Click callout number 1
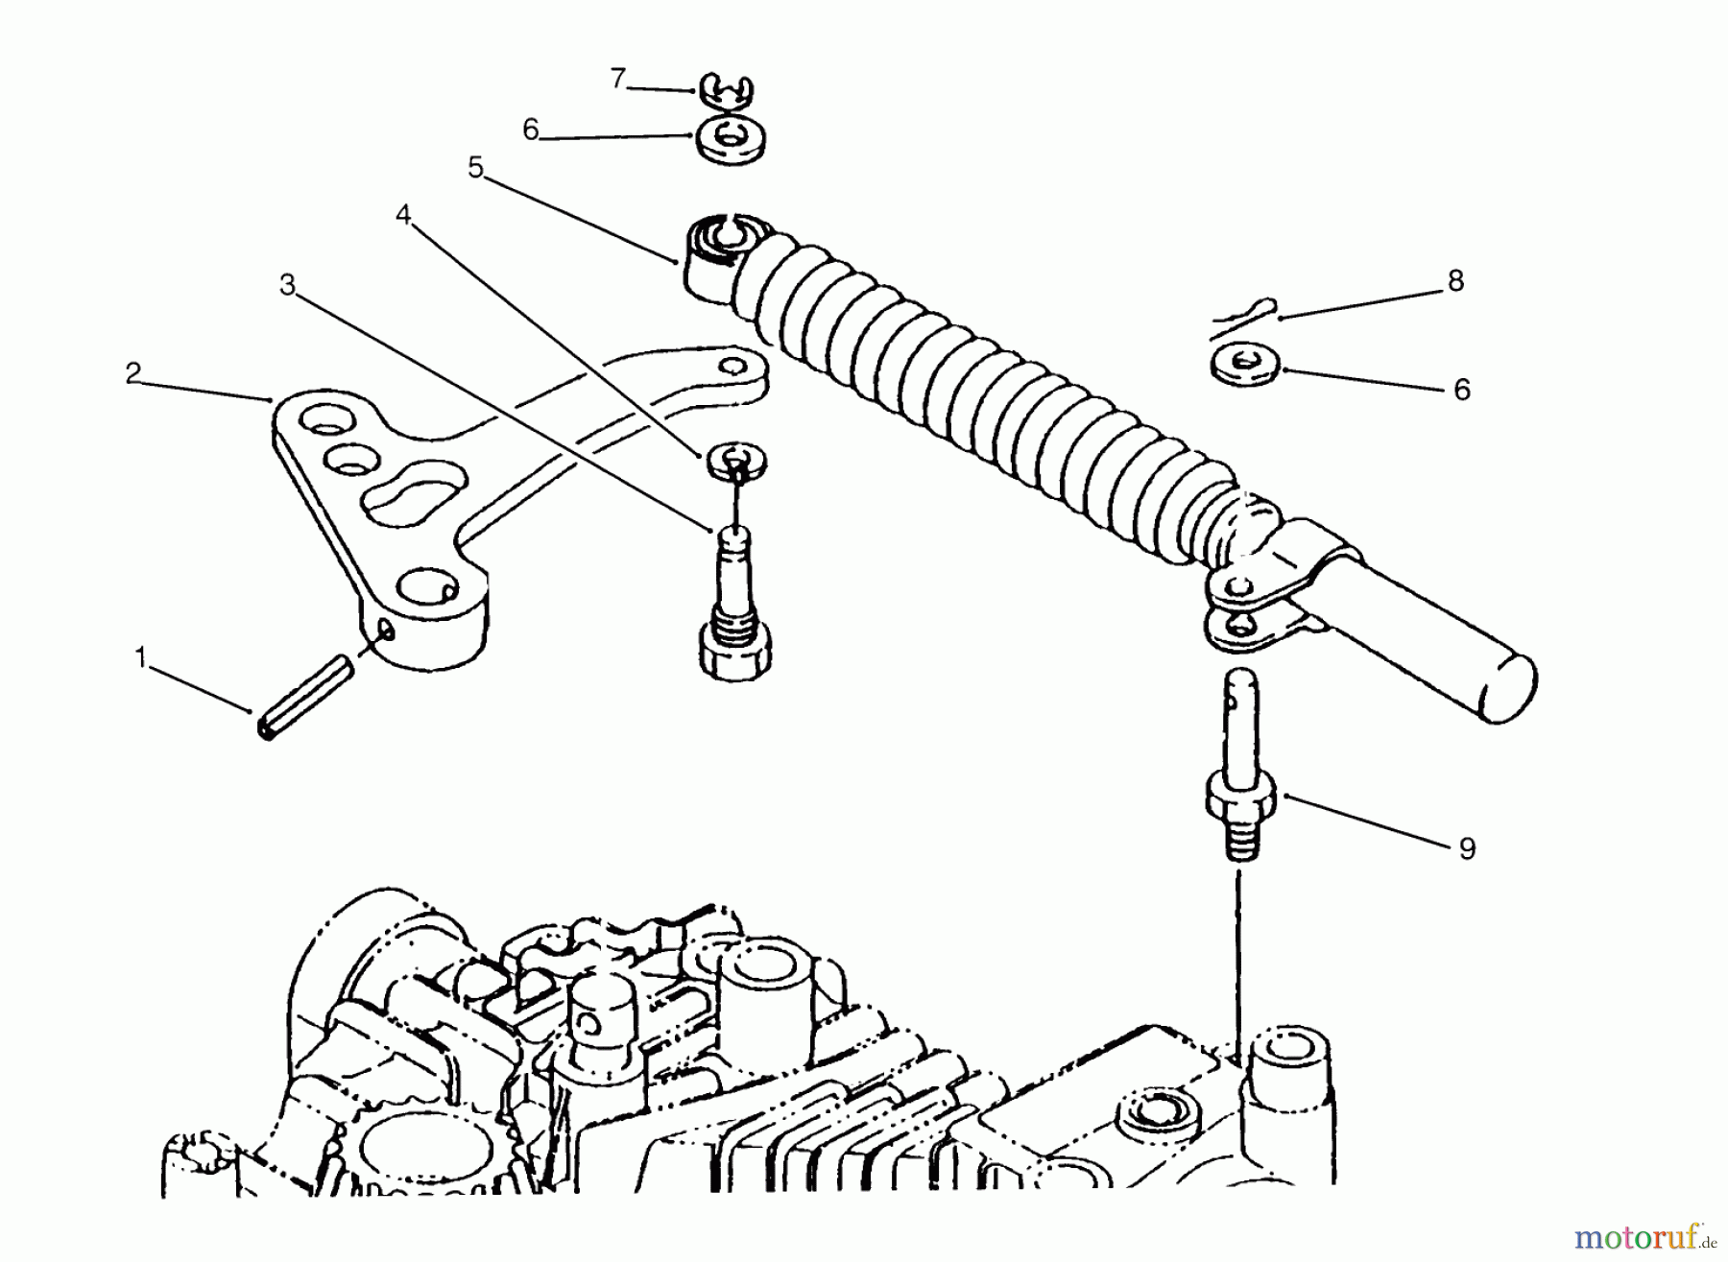(x=141, y=658)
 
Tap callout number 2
(x=133, y=373)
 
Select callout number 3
(x=287, y=285)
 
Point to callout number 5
(x=476, y=169)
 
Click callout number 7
(x=618, y=78)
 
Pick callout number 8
(x=1455, y=281)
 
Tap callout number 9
(x=1466, y=848)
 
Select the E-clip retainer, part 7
(x=726, y=91)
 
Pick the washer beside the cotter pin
(x=1245, y=366)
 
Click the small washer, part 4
(x=736, y=459)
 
